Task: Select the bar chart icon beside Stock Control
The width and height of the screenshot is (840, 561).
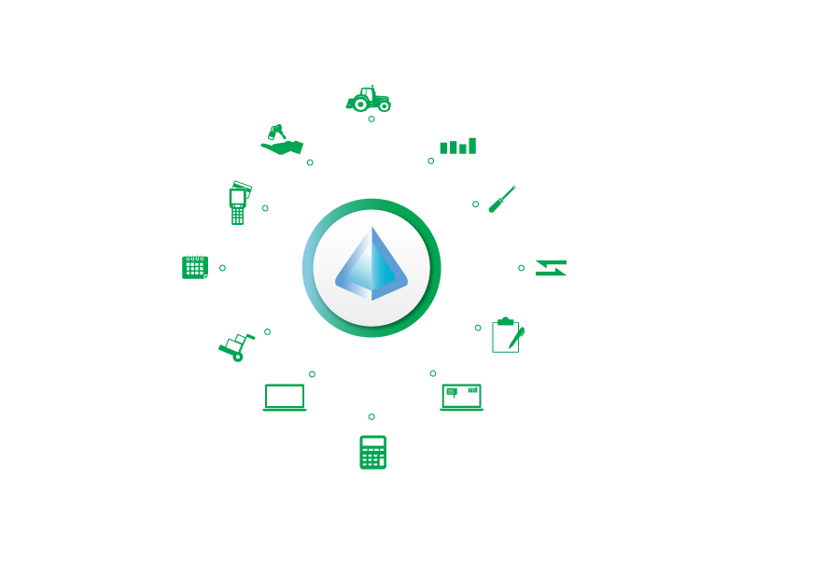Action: click(457, 143)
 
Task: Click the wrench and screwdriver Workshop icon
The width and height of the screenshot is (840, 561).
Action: click(503, 197)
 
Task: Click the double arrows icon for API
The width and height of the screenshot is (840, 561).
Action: click(551, 268)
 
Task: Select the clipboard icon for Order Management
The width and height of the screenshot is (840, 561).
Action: click(505, 334)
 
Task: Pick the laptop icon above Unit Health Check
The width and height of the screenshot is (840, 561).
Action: click(461, 397)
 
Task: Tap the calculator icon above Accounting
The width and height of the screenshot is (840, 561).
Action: click(372, 452)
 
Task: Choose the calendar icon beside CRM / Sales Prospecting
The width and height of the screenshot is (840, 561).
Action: click(194, 267)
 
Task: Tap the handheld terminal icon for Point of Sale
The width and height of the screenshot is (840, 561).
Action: click(238, 202)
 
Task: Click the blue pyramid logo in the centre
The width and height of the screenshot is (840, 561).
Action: click(371, 265)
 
